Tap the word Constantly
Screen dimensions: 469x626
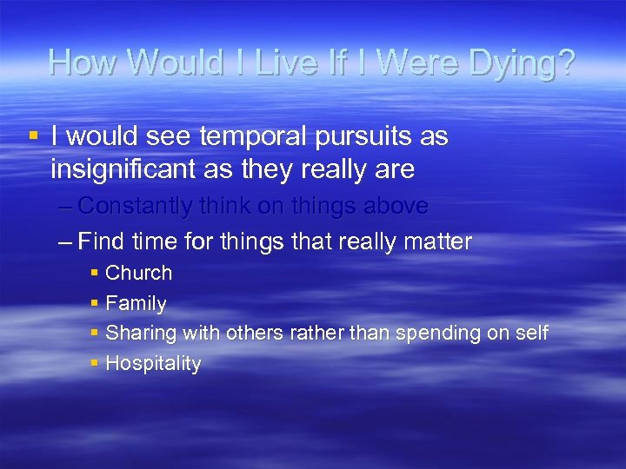pos(144,207)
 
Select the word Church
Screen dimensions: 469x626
pos(138,273)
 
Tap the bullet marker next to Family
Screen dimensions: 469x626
pos(94,303)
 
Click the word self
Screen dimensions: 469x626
pos(531,334)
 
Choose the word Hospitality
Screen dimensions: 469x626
pos(153,364)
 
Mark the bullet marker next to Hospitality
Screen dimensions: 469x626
pos(94,363)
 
